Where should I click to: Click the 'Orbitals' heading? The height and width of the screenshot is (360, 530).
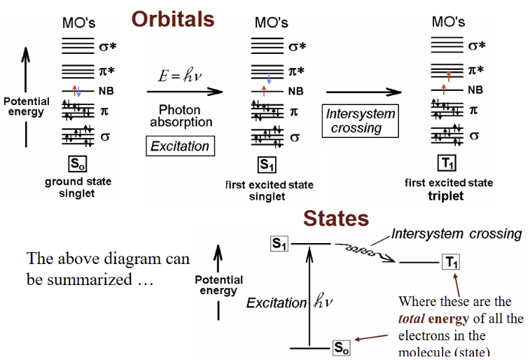click(174, 19)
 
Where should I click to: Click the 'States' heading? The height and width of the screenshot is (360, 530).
click(336, 219)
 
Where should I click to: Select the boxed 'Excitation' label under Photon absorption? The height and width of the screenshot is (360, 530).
click(181, 146)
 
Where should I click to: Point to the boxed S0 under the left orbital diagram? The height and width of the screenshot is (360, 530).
click(77, 165)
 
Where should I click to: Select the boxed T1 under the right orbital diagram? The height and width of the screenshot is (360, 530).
click(447, 164)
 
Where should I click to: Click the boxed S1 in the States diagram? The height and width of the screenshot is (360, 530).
click(280, 244)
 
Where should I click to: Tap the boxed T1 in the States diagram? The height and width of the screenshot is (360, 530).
click(451, 262)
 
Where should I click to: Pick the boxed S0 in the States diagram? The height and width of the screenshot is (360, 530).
click(341, 347)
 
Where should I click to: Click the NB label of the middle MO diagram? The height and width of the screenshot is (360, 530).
click(296, 91)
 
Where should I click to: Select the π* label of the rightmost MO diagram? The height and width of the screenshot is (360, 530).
click(476, 69)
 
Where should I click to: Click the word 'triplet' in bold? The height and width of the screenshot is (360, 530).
click(447, 196)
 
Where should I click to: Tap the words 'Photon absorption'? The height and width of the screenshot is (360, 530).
click(180, 116)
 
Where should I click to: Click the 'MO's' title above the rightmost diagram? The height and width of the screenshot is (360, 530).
click(448, 22)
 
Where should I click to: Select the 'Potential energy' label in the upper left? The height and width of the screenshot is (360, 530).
click(27, 107)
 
